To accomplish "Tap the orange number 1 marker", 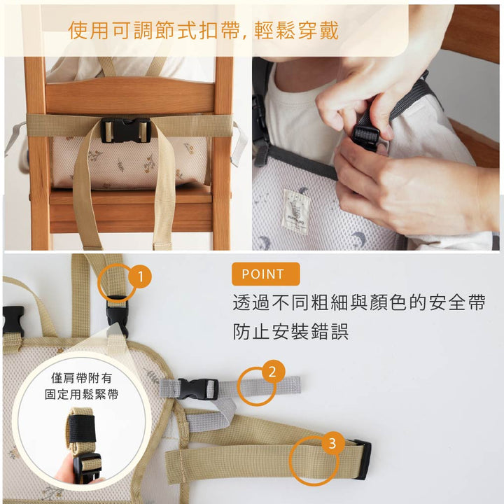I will point(140,277).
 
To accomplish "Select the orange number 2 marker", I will point(272,372).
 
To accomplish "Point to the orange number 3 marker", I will point(332,443).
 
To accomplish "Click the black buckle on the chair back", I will point(125,130).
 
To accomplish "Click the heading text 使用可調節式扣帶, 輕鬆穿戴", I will point(203,30).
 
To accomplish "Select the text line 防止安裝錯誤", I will point(290,332).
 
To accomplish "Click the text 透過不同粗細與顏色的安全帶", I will point(358,303).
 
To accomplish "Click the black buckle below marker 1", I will point(117,315).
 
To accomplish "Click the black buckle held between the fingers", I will point(365,136).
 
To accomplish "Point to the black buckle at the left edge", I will point(12,319).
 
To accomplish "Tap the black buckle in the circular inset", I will point(87,467).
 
